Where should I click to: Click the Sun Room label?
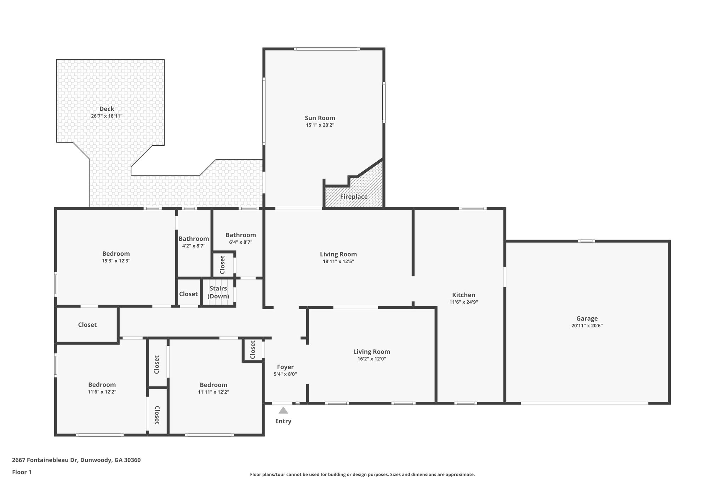(320, 118)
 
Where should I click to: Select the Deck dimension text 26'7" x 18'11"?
(107, 116)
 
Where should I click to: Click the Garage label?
(587, 318)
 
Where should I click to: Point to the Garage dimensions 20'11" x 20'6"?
(587, 326)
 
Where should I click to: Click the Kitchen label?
(463, 295)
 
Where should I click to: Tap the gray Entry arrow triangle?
(283, 411)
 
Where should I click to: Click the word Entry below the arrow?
(283, 421)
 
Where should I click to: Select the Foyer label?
(285, 367)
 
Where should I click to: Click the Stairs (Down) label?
(218, 292)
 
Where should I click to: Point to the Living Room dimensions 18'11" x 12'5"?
(338, 262)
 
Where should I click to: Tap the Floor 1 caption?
(22, 472)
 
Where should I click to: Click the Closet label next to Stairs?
(188, 294)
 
